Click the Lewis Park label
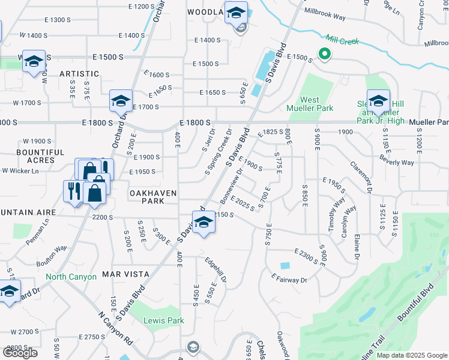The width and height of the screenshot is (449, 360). tap(163, 320)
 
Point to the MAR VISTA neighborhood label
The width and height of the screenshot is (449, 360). tap(125, 274)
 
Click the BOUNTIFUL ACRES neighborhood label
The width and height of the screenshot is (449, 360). tap(40, 157)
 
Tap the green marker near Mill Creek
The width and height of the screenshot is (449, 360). tap(325, 55)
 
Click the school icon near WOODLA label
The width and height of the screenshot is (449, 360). tap(236, 11)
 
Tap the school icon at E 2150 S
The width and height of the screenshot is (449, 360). tap(203, 222)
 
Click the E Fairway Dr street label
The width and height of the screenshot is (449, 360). tap(289, 278)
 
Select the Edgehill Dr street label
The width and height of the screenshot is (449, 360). tap(215, 269)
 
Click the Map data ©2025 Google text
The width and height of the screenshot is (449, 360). tap(412, 355)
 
